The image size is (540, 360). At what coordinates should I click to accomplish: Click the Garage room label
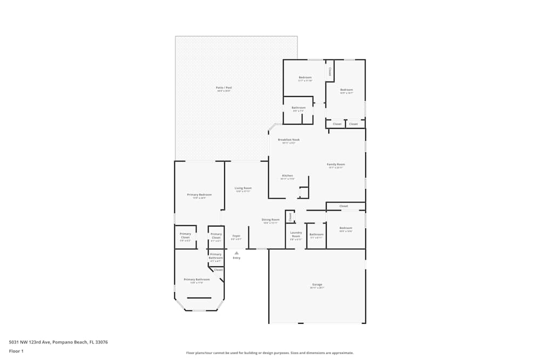[317, 284]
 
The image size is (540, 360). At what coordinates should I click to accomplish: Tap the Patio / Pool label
[224, 87]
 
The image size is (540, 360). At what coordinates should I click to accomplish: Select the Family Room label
[336, 164]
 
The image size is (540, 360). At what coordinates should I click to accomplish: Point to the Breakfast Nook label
[288, 140]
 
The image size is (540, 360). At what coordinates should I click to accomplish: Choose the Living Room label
[243, 188]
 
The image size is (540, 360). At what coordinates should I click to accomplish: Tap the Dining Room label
[271, 220]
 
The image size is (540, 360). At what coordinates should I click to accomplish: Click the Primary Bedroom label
[199, 194]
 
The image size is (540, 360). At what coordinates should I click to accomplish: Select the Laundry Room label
[296, 234]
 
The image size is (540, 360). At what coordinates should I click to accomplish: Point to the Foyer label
[236, 236]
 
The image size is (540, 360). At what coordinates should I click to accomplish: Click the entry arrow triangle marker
[237, 253]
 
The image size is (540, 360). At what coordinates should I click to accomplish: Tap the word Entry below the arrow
[237, 258]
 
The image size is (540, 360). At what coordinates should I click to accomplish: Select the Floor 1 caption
[16, 351]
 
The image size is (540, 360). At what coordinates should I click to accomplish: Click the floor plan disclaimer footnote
[270, 352]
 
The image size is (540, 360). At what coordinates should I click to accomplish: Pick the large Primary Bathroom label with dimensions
[197, 280]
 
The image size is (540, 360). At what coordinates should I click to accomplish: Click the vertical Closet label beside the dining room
[290, 216]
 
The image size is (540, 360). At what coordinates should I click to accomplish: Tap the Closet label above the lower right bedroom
[344, 206]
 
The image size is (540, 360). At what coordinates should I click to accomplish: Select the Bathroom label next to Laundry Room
[316, 234]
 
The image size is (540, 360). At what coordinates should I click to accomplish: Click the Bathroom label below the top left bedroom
[299, 107]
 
